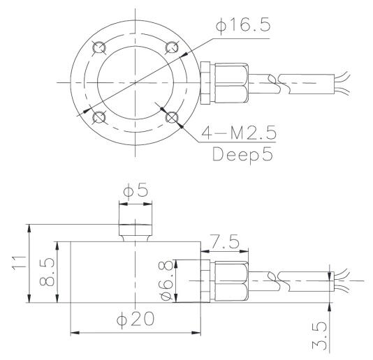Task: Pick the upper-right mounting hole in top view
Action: click(170, 47)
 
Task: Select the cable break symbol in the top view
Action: click(286, 82)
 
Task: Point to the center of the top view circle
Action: click(135, 82)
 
